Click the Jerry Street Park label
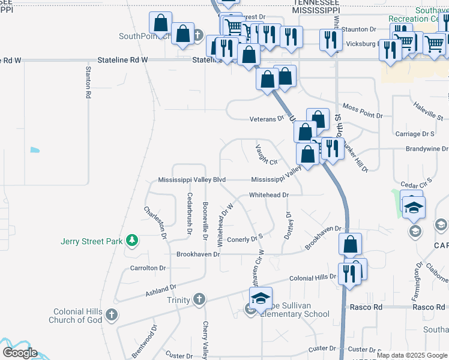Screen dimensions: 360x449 click(91, 242)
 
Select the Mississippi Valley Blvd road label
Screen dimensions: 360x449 click(191, 180)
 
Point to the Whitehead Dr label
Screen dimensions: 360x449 click(269, 195)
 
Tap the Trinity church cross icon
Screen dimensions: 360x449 click(199, 299)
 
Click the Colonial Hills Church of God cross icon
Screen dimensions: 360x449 click(110, 314)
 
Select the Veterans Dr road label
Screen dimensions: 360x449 click(267, 119)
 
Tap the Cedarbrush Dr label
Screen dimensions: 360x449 click(189, 213)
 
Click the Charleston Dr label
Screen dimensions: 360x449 click(154, 221)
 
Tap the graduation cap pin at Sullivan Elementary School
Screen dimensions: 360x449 click(261, 299)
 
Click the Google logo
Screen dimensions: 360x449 click(20, 353)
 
